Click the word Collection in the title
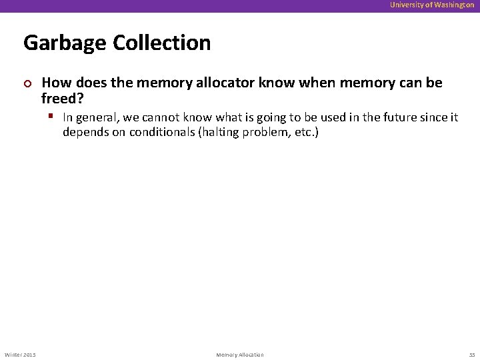click(x=162, y=43)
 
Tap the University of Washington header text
click(x=432, y=5)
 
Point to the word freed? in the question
click(x=62, y=99)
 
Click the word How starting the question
click(x=55, y=83)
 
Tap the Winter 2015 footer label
click(x=20, y=354)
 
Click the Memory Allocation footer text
click(x=240, y=354)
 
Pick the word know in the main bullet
click(x=276, y=83)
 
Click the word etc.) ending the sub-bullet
click(x=304, y=132)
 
